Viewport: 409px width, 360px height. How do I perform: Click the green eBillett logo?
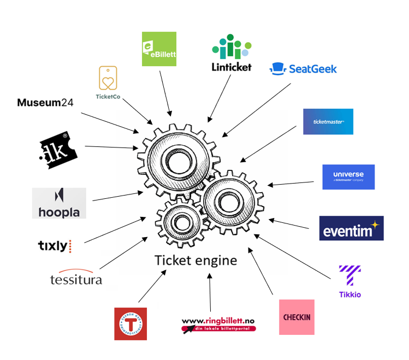point(159,49)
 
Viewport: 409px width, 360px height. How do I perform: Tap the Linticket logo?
point(232,53)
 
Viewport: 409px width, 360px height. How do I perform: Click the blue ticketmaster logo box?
point(328,121)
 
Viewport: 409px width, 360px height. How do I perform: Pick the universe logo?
point(348,177)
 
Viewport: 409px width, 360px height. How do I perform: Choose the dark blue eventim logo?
point(351,228)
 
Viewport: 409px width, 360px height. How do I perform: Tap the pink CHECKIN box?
point(297,317)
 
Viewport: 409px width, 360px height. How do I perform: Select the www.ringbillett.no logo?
point(218,324)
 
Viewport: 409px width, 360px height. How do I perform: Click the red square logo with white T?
point(131,324)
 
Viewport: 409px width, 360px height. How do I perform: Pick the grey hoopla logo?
point(59,203)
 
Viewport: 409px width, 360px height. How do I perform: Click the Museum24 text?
point(45,102)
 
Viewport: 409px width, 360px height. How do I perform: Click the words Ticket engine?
point(195,260)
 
